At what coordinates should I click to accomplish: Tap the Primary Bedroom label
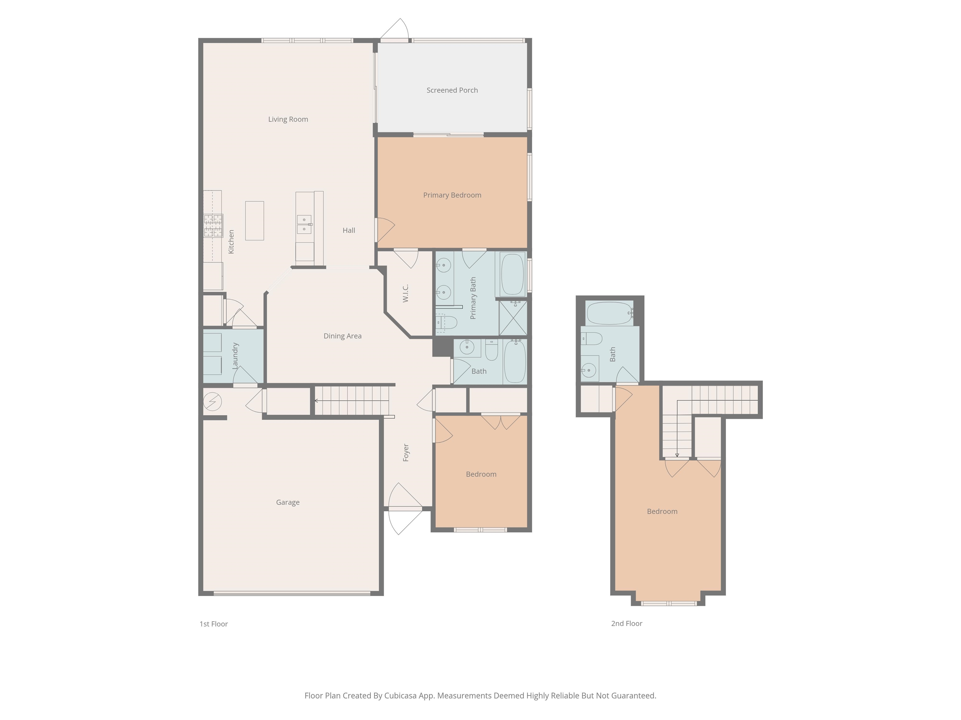pyautogui.click(x=452, y=195)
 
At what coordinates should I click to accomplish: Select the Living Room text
pyautogui.click(x=288, y=119)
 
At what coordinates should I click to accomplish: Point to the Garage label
pyautogui.click(x=287, y=502)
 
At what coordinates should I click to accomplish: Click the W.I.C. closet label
pyautogui.click(x=405, y=293)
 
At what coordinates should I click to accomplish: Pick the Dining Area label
pyautogui.click(x=342, y=336)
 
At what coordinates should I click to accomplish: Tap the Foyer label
pyautogui.click(x=406, y=453)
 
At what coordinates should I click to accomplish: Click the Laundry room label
pyautogui.click(x=235, y=356)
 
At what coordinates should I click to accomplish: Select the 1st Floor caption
pyautogui.click(x=214, y=624)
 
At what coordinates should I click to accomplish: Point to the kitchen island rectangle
pyautogui.click(x=255, y=221)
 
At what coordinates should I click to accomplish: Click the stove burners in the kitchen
pyautogui.click(x=213, y=225)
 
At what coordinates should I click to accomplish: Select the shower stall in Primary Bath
pyautogui.click(x=513, y=318)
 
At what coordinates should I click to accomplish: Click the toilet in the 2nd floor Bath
pyautogui.click(x=591, y=338)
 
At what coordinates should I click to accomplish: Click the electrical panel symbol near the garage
pyautogui.click(x=212, y=402)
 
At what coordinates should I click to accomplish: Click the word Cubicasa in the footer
pyautogui.click(x=400, y=696)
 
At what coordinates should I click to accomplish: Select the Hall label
pyautogui.click(x=349, y=230)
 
